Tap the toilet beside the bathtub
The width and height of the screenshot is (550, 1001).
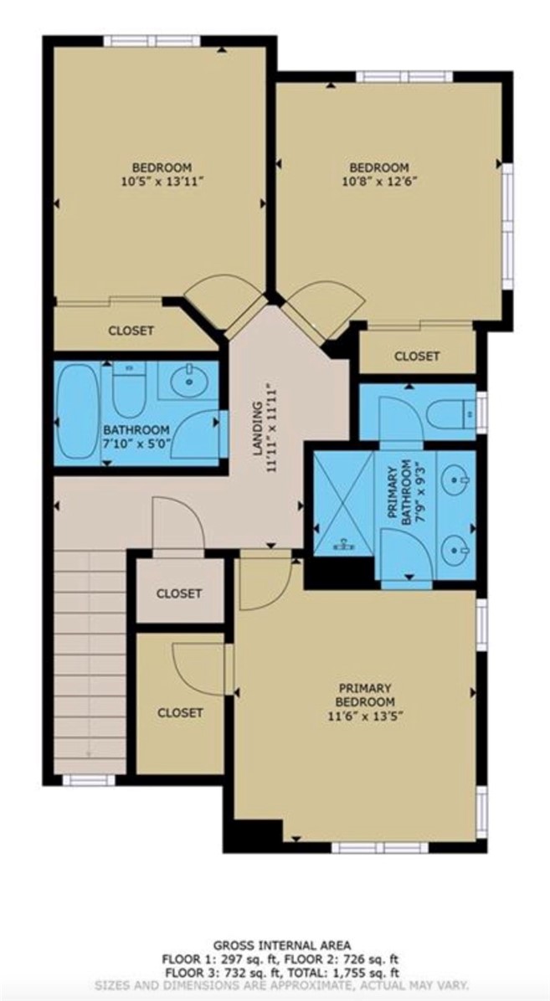click(x=129, y=389)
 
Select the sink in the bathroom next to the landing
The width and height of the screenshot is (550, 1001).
click(x=189, y=381)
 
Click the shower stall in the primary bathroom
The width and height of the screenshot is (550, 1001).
click(x=344, y=503)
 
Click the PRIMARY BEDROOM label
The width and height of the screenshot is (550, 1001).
click(x=365, y=695)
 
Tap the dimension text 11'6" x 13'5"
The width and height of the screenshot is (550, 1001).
click(x=365, y=715)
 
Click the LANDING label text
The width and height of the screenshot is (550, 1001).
click(x=259, y=428)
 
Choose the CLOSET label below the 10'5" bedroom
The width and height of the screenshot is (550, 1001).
click(x=131, y=331)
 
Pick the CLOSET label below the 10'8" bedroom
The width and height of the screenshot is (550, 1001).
click(x=417, y=356)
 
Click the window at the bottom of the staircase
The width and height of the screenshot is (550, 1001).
click(x=89, y=779)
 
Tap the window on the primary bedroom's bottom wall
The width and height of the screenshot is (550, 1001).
click(x=379, y=847)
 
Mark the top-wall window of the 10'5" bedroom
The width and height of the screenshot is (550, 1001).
click(x=152, y=41)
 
